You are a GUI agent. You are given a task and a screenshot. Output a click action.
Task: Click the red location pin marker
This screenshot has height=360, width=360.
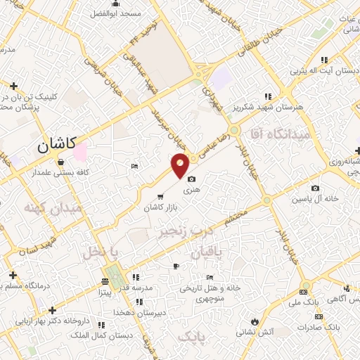180,165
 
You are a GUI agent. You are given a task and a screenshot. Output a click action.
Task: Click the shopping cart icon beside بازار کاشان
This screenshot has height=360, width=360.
161,196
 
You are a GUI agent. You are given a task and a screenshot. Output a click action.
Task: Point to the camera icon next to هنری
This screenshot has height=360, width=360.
191,179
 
